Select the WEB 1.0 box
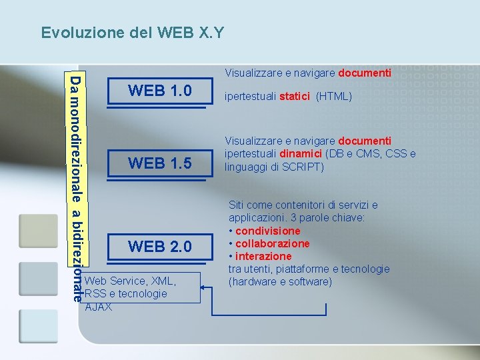(160, 90)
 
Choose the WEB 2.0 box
(160, 247)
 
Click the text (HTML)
(333, 97)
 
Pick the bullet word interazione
(263, 256)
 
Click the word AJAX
(99, 307)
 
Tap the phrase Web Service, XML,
(131, 281)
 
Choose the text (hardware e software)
(280, 281)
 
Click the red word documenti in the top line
(365, 72)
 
